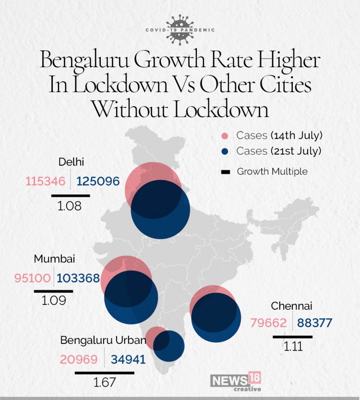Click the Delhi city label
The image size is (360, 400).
70,161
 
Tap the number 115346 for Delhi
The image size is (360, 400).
46,182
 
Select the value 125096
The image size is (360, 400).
98,182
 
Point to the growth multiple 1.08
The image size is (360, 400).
70,206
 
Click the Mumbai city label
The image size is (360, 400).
54,259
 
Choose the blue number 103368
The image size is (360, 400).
78,278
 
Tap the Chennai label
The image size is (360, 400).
292,306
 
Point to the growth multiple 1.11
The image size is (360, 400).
293,346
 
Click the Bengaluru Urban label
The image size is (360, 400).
102,340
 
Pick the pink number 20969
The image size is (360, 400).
79,359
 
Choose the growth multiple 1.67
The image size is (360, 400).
102,383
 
